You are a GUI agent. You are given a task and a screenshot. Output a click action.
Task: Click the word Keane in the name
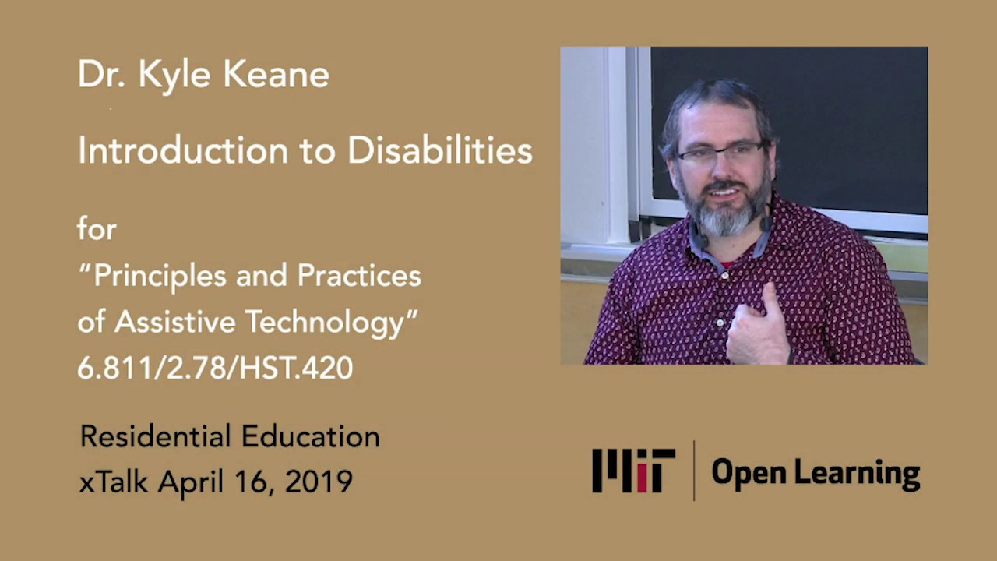pyautogui.click(x=277, y=75)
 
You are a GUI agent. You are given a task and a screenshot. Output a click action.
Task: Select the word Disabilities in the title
pyautogui.click(x=440, y=150)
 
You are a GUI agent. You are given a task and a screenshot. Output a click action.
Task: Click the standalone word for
pyautogui.click(x=97, y=229)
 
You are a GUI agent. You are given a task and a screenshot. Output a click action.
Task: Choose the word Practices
pyautogui.click(x=359, y=276)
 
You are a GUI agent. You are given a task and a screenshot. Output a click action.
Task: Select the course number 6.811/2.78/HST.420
pyautogui.click(x=215, y=368)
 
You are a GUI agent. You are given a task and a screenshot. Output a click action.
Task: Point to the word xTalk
pyautogui.click(x=114, y=482)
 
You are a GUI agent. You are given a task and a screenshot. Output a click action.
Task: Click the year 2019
pyautogui.click(x=319, y=482)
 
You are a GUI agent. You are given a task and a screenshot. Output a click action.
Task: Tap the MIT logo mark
pyautogui.click(x=633, y=470)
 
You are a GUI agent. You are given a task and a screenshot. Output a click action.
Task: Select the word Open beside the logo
pyautogui.click(x=745, y=472)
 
